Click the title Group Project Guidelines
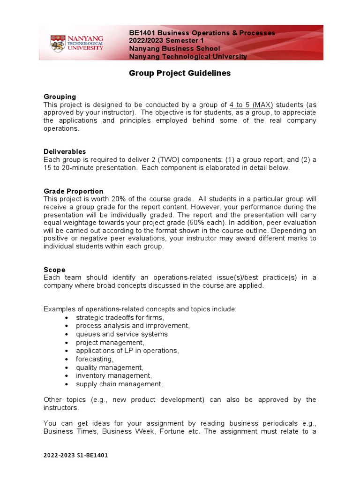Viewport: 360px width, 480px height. (180, 74)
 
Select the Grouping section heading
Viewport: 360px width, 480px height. (60, 97)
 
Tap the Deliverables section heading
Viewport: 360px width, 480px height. (65, 151)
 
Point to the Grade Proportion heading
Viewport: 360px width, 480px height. (74, 191)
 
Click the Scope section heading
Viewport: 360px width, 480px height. (54, 270)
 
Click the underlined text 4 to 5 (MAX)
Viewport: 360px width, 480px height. (251, 105)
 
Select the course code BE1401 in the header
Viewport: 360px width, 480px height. (142, 33)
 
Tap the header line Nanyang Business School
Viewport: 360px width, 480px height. (174, 49)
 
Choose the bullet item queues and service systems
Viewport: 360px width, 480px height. (121, 334)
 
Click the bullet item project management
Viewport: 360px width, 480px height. (110, 343)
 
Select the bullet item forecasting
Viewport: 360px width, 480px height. (95, 359)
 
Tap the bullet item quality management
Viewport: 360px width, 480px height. (110, 367)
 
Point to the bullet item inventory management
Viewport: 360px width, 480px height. (114, 375)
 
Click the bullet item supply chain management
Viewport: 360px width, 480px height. (120, 384)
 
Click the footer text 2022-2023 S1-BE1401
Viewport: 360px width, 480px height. (75, 455)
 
